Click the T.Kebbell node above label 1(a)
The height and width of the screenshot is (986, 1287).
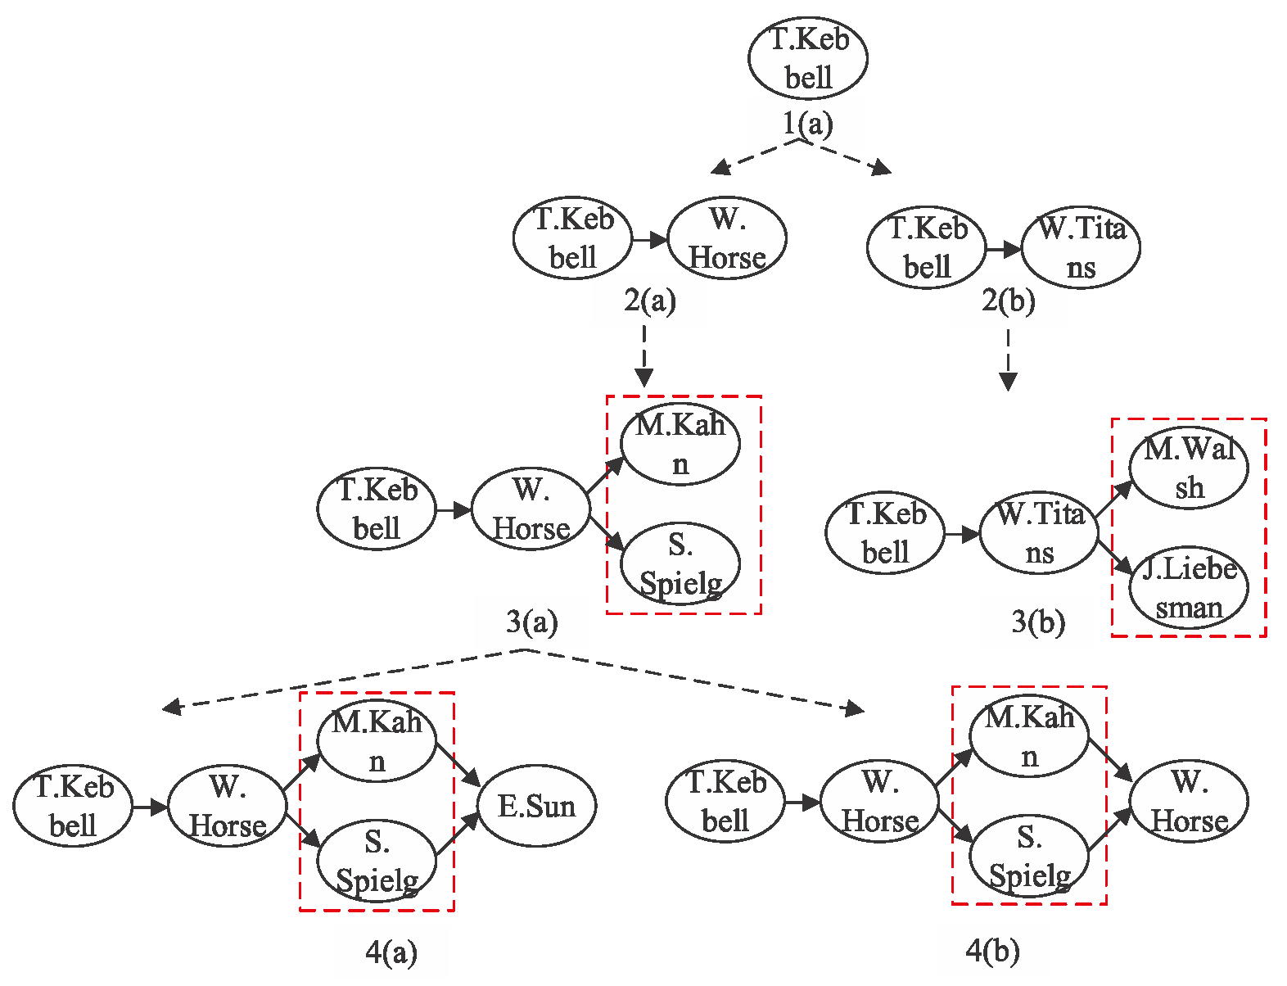coord(807,59)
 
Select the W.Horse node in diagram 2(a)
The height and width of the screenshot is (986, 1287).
coord(727,238)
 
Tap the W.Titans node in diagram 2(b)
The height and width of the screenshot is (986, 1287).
coord(1081,247)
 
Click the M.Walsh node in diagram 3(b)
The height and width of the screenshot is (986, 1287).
coord(1189,468)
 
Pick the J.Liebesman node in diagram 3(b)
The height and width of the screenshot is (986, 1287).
coord(1189,588)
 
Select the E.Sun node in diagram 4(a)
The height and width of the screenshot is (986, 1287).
coord(537,807)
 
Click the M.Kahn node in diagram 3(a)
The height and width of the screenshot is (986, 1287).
coord(680,445)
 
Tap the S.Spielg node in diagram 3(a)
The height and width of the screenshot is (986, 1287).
coord(680,564)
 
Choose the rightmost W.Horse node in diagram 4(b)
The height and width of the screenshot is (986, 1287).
coord(1189,802)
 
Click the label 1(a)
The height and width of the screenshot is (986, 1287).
coord(807,124)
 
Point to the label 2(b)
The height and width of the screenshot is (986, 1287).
coord(1008,301)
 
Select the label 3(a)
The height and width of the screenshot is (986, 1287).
coord(531,622)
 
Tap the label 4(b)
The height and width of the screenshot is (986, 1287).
coord(992,951)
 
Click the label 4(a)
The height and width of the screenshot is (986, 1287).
coord(391,952)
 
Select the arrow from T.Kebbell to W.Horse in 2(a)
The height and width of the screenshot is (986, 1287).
coord(650,240)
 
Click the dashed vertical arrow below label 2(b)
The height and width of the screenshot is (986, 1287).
coord(1008,360)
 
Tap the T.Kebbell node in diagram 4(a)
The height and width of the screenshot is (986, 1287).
coord(73,807)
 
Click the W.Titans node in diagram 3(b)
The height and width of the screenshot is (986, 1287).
coord(1039,533)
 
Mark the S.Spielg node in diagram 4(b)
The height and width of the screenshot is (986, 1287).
coord(1029,857)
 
